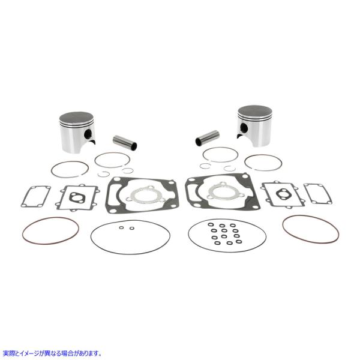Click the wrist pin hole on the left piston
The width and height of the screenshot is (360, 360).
[89, 134]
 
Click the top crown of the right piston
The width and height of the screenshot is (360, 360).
[254, 112]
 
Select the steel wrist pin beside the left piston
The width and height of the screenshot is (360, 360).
[125, 142]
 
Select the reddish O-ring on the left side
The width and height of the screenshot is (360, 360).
[50, 230]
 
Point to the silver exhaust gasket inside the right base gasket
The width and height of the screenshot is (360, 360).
[218, 192]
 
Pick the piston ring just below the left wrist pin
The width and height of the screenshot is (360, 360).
[112, 160]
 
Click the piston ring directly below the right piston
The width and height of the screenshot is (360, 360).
[263, 163]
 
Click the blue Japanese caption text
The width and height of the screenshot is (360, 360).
[52, 353]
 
